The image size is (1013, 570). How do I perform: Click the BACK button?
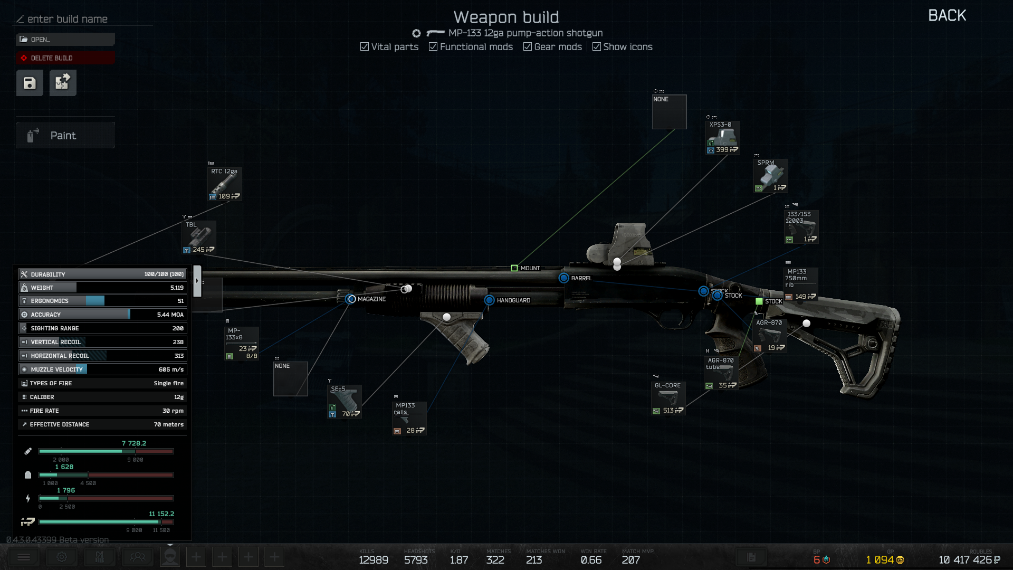(x=947, y=16)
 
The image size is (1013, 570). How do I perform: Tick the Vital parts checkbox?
(x=365, y=47)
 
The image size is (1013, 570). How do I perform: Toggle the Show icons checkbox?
(x=597, y=47)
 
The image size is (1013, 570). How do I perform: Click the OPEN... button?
(x=65, y=40)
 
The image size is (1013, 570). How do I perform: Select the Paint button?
(x=65, y=136)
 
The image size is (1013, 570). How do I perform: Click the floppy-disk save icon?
(x=30, y=83)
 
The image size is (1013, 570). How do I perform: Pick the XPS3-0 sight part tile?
(x=723, y=138)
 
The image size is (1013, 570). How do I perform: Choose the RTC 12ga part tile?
(x=225, y=184)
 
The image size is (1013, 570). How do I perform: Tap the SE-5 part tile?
(x=345, y=402)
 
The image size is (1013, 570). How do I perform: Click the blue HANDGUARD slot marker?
(x=490, y=300)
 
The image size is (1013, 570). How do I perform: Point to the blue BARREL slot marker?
(x=564, y=278)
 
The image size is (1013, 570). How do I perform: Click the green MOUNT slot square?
(x=514, y=268)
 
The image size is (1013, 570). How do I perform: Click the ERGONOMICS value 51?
(x=180, y=301)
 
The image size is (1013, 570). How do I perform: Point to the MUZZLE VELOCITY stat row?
(x=103, y=369)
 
